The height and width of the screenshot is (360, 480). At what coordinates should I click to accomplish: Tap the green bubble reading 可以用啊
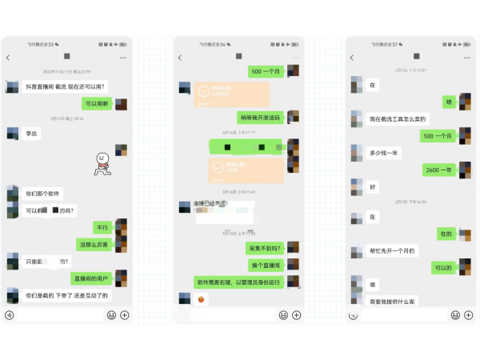97,104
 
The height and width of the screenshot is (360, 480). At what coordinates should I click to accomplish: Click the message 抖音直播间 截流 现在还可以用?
65,86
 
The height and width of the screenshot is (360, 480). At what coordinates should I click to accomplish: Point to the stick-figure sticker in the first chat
102,162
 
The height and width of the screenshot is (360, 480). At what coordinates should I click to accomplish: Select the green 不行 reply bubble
102,228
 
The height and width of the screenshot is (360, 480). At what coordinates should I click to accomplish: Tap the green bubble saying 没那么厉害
93,244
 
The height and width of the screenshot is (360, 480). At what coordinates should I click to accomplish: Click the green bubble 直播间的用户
91,278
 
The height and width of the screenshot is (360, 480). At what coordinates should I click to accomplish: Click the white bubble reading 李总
32,133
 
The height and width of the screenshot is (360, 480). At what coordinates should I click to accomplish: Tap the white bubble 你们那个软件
43,194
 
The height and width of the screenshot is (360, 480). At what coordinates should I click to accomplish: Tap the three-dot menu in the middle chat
294,58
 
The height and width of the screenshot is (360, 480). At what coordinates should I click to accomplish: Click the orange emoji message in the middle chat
202,299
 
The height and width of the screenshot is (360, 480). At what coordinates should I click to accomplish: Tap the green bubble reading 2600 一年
438,170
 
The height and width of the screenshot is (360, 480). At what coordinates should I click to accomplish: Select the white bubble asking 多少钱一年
383,152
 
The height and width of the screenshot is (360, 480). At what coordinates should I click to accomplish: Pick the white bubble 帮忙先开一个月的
390,250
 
